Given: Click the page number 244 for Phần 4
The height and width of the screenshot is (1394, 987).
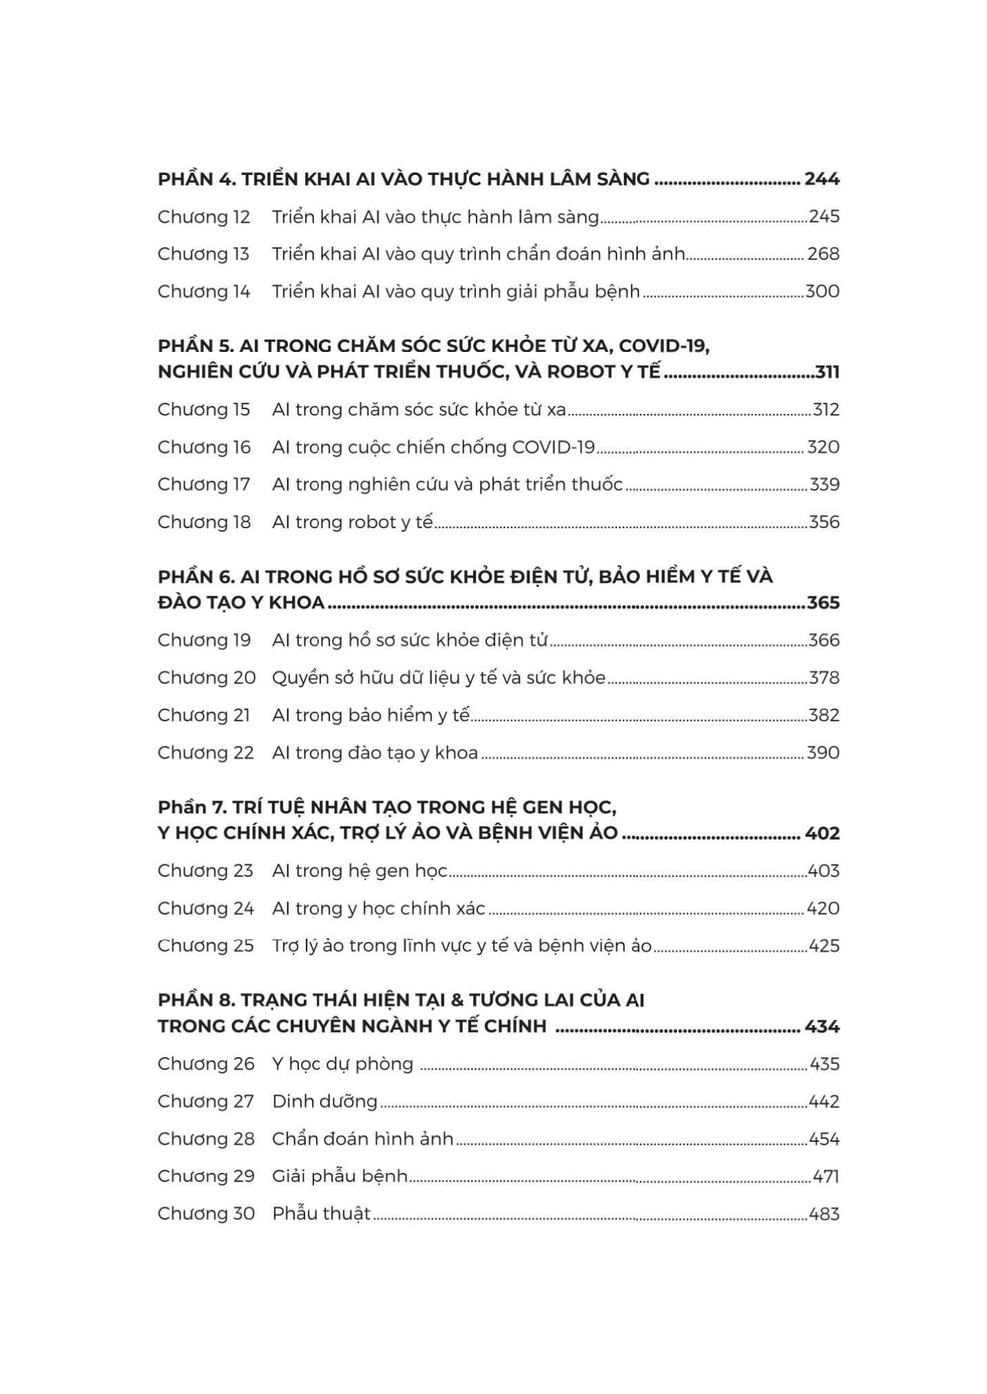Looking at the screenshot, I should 822,179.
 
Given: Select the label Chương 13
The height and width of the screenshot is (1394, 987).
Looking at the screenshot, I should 203,254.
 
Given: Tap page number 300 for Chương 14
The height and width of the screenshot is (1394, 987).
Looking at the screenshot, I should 822,291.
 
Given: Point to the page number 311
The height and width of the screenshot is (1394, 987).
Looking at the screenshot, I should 827,372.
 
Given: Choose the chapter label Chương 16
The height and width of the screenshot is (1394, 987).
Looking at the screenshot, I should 204,448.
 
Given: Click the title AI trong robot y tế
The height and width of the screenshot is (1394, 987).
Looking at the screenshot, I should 352,522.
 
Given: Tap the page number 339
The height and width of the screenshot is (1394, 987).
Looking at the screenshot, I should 824,485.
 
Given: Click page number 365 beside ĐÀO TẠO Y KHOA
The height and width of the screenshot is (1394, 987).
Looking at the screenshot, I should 823,603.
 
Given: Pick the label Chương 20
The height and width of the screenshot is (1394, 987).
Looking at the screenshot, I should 206,678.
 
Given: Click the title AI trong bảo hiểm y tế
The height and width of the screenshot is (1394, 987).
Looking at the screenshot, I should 371,716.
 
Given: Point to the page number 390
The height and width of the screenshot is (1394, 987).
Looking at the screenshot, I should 823,753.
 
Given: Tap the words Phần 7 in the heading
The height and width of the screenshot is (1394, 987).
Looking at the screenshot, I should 189,807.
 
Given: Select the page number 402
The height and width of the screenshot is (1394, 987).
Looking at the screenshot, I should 822,833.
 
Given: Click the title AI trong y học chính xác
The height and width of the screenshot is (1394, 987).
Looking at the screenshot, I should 378,908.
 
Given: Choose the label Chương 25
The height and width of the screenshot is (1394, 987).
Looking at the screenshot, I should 205,946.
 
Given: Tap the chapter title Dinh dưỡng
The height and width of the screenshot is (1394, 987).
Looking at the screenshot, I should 324,1101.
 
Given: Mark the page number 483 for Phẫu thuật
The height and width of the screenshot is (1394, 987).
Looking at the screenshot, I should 824,1214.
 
